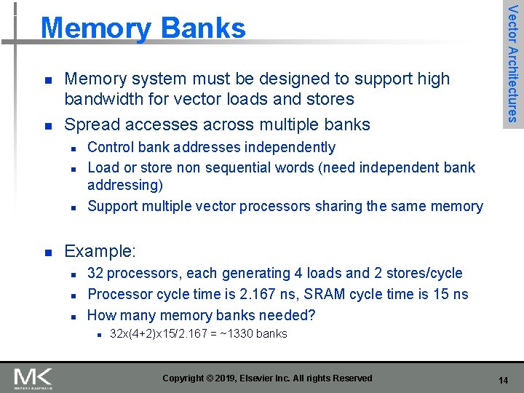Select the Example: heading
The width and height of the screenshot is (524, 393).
point(100,252)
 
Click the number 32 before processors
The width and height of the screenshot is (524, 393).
point(96,274)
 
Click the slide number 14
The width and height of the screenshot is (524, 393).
point(503,380)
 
